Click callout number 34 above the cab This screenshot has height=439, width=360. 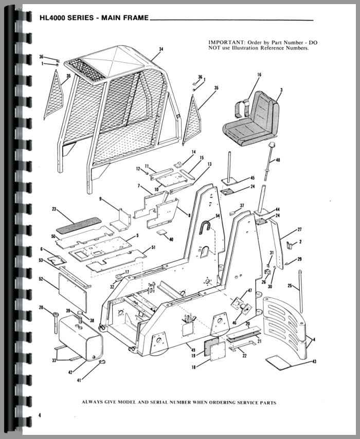tap(161, 49)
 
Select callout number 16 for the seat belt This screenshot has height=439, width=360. tap(259, 75)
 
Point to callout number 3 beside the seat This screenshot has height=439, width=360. tap(281, 90)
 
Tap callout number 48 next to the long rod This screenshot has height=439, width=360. tap(278, 160)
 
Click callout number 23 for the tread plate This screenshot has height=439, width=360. tap(55, 209)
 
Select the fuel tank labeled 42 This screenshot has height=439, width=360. tap(80, 337)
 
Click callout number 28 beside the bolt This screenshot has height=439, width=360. tap(41, 308)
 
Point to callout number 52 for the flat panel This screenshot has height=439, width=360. tap(41, 279)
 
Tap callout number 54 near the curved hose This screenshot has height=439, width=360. tap(218, 216)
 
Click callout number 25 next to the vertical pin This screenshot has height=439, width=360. tap(290, 286)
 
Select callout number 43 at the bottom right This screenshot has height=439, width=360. tap(314, 362)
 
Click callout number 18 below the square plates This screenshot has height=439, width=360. tap(193, 368)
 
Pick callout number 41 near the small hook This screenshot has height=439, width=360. tap(79, 380)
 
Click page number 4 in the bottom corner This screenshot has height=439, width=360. tap(40, 415)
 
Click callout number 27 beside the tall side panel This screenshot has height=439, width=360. tap(299, 230)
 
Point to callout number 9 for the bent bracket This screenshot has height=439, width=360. tap(100, 199)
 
